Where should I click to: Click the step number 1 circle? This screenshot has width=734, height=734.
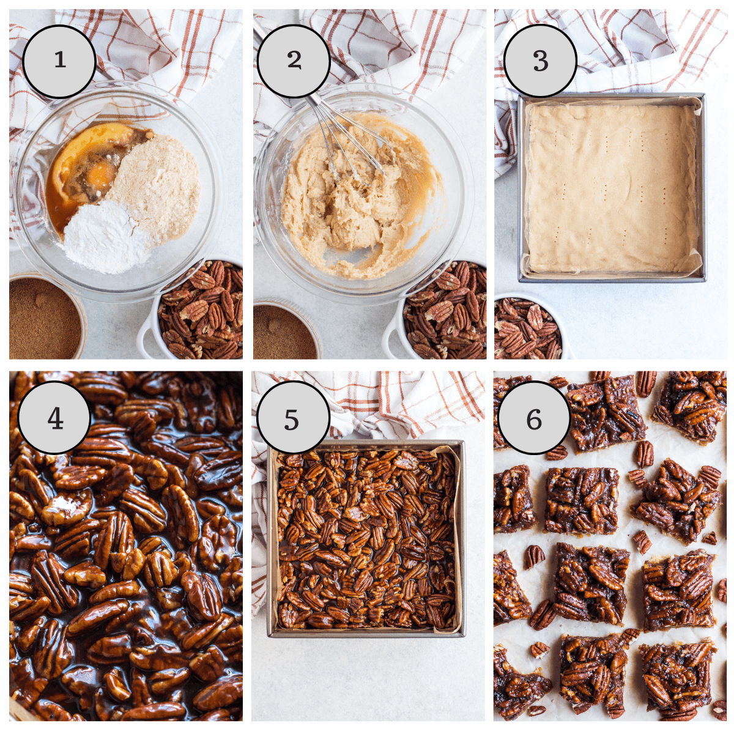[x=59, y=61]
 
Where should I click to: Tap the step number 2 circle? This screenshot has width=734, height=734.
[x=294, y=61]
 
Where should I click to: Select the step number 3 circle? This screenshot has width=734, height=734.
[x=540, y=61]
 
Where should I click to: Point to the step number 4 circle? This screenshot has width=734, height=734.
[x=55, y=419]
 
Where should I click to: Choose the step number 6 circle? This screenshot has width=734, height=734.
[x=534, y=419]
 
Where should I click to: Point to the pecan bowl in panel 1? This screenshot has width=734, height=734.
[x=201, y=312]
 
